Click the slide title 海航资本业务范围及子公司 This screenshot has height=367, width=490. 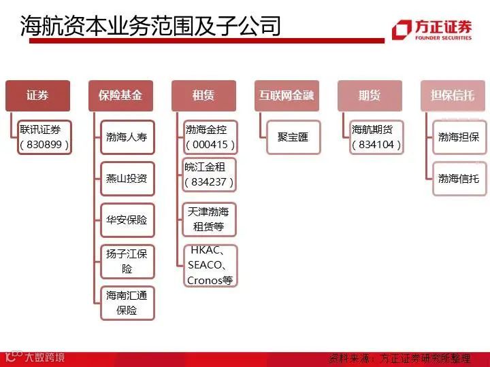tap(150, 26)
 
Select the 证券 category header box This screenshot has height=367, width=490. tap(38, 96)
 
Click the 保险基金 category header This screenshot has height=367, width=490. tap(120, 96)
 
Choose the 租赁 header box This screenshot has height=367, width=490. tap(203, 96)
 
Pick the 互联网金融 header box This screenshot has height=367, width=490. tap(287, 96)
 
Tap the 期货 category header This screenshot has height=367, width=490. tap(370, 96)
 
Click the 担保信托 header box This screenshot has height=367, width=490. tap(453, 96)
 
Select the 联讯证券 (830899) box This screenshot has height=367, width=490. tap(45, 137)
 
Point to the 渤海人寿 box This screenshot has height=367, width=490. tap(127, 137)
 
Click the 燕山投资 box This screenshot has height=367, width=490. tap(127, 179)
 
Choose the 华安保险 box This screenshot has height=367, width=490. tap(127, 220)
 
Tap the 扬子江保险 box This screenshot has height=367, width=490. tap(127, 262)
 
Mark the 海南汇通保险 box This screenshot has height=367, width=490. tap(127, 303)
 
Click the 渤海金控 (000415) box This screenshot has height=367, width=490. tap(210, 137)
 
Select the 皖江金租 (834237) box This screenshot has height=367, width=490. tap(210, 174)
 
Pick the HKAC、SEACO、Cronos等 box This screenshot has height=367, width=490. tap(211, 266)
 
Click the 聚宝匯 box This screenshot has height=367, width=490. tap(293, 137)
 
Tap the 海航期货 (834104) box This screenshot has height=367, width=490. tap(376, 137)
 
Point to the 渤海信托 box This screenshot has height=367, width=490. tap(459, 179)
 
